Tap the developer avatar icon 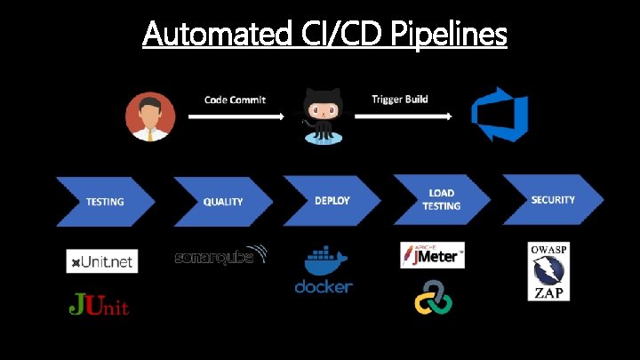(149, 117)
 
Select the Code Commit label (235, 100)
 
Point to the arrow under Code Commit (236, 116)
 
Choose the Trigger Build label (399, 99)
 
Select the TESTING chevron (105, 202)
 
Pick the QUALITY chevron (222, 202)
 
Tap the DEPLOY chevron (332, 200)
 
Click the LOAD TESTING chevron (442, 200)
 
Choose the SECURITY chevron (553, 200)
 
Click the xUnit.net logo (101, 260)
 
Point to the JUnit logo (99, 307)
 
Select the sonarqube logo (220, 256)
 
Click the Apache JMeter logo (432, 255)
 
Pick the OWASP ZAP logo (548, 270)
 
